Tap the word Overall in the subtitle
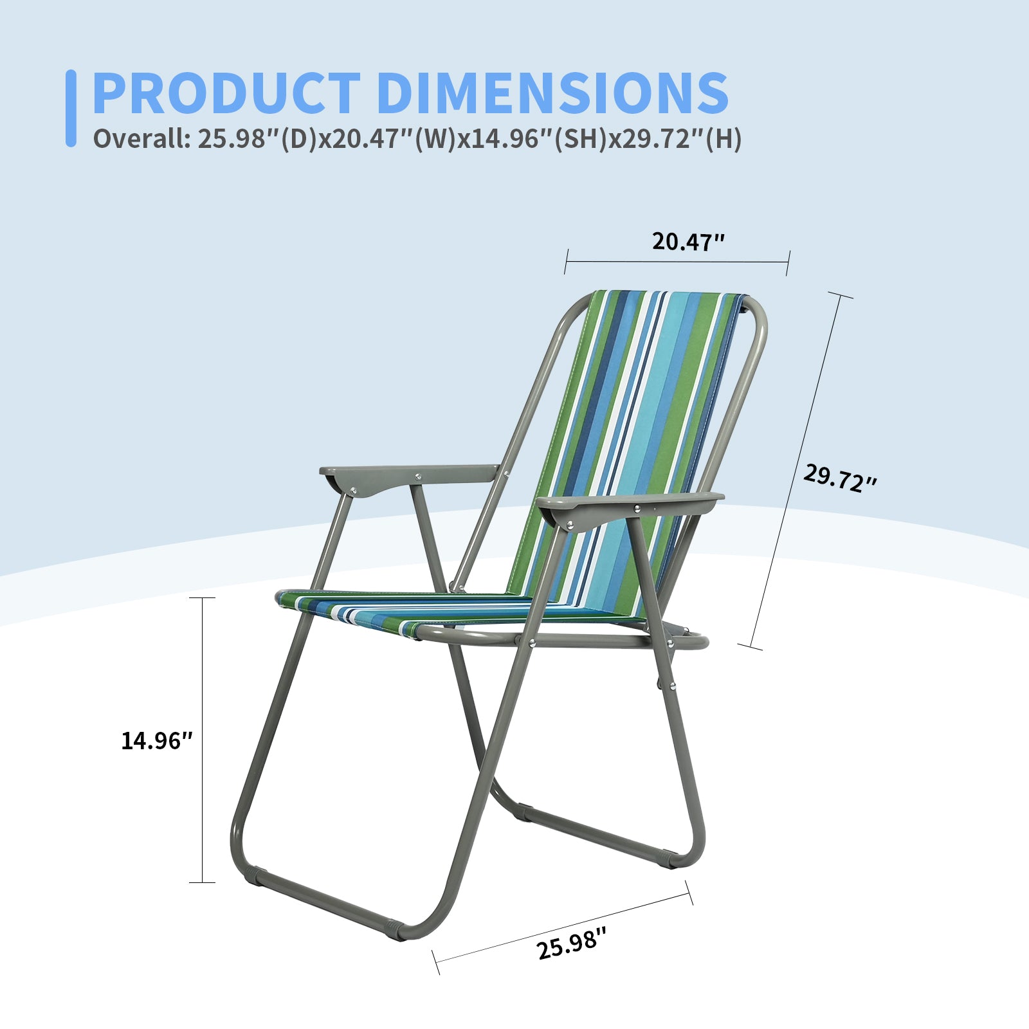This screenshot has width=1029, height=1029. pos(141,138)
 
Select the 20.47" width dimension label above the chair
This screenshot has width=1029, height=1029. pos(688,242)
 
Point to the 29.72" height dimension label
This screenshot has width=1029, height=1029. pos(839,478)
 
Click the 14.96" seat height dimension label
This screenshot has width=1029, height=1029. pos(157,741)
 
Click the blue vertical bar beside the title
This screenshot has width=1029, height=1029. pos(71,108)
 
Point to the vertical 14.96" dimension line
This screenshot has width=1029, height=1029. pos(203,740)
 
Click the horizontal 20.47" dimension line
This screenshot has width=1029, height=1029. pos(677,262)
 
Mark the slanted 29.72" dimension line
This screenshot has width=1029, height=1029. pos(795,471)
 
